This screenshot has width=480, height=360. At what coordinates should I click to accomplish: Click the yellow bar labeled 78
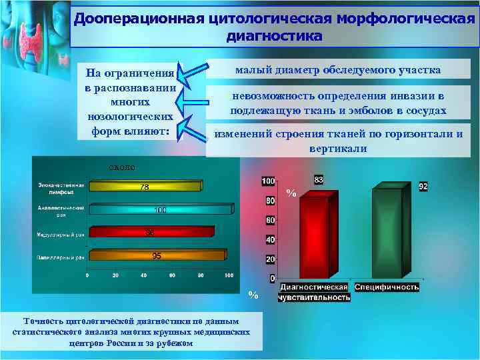click(143, 187)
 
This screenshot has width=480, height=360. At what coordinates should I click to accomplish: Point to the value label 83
click(319, 181)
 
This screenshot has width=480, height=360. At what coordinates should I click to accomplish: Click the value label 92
click(423, 187)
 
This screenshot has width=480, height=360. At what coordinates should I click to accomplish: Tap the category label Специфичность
click(387, 287)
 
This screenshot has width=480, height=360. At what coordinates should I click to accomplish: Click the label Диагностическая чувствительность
click(315, 292)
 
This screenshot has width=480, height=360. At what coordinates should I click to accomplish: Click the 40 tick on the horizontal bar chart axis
click(144, 275)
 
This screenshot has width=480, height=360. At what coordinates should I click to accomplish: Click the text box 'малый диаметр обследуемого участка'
click(338, 70)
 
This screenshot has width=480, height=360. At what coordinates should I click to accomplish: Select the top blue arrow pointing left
click(192, 73)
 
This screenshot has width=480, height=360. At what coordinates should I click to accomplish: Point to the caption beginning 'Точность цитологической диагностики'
click(131, 331)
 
